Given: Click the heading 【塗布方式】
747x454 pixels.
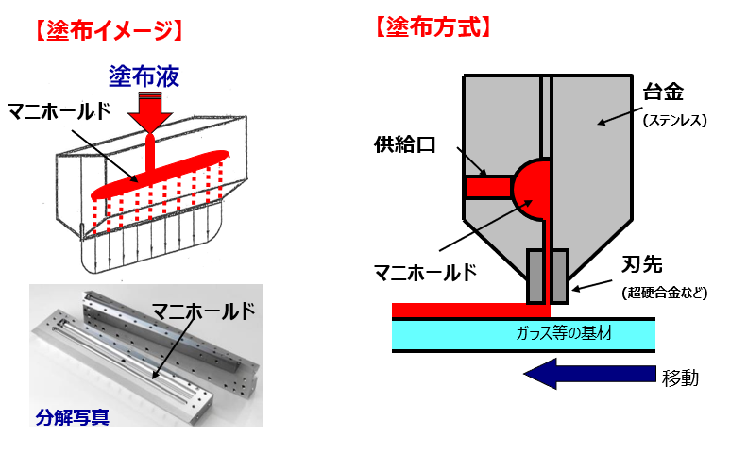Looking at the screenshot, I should tap(433, 27).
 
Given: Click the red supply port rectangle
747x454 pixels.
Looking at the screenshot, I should tap(487, 187).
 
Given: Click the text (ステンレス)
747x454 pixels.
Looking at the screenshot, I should tap(674, 120).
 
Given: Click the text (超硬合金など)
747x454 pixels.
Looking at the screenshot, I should tap(665, 293).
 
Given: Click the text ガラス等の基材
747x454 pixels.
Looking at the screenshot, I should tap(560, 333).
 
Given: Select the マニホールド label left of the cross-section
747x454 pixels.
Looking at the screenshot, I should tap(425, 273).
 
